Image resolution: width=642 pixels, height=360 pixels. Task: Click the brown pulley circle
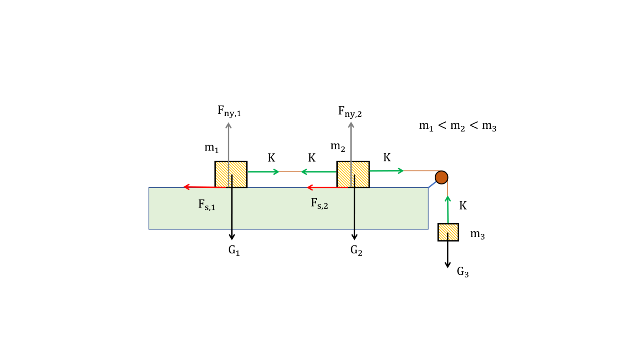(441, 177)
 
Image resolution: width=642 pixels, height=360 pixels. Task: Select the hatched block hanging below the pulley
(448, 232)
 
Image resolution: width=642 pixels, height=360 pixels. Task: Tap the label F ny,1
(229, 111)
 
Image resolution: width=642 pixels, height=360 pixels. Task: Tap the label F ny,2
(350, 112)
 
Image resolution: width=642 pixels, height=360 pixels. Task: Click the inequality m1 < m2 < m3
(458, 126)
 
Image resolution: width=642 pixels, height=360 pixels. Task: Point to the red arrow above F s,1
(205, 187)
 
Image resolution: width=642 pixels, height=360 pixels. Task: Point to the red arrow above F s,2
(327, 188)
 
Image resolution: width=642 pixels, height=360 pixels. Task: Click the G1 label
(234, 250)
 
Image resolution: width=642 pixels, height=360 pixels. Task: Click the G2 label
(356, 250)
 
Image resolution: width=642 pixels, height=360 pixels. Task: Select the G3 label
(463, 272)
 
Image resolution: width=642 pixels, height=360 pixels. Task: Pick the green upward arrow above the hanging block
(448, 209)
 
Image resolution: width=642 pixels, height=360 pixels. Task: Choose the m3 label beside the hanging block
(477, 235)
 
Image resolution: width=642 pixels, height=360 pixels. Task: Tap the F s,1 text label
(206, 205)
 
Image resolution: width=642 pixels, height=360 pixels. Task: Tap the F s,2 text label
(319, 204)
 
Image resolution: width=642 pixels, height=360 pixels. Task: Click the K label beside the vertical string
(463, 206)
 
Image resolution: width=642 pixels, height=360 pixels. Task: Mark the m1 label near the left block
(211, 148)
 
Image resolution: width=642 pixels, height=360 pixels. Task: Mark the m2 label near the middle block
(338, 147)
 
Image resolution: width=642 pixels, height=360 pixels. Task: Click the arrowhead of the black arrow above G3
(448, 265)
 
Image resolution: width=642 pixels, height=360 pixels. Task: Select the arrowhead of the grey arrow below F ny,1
(229, 125)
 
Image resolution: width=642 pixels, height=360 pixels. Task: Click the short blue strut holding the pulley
(432, 184)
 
